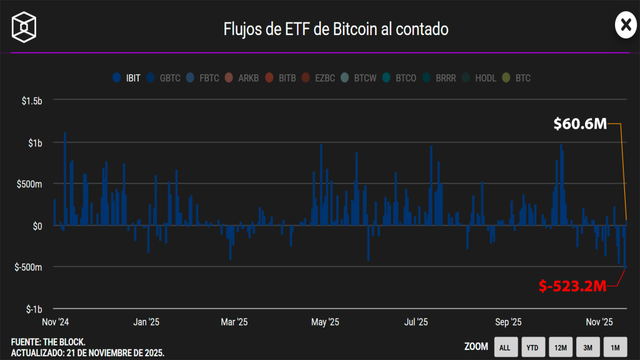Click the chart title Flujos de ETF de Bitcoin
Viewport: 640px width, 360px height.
point(336,29)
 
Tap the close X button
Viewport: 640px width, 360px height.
point(624,25)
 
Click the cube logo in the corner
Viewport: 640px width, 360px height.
point(24,26)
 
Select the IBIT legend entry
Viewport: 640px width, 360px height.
point(127,78)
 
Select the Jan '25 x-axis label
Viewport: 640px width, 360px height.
point(146,322)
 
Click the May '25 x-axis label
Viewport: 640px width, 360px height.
point(325,322)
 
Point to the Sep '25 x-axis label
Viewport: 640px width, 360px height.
point(508,322)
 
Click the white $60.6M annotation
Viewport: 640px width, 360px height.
point(580,124)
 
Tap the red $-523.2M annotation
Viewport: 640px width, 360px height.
point(573,286)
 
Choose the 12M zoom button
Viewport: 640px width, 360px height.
point(560,347)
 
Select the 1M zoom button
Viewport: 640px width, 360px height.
point(615,347)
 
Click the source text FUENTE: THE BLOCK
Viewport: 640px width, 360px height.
point(48,342)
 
